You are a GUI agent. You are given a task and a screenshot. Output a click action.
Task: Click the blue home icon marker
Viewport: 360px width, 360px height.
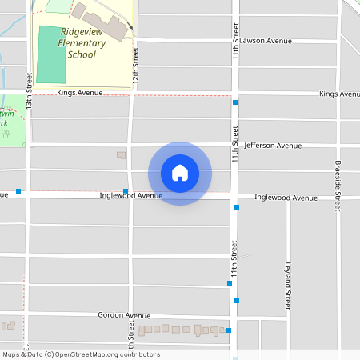coord(180,173)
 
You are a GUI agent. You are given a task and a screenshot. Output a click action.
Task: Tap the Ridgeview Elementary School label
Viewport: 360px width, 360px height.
coord(82,43)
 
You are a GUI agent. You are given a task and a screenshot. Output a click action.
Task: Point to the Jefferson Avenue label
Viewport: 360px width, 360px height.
coord(273,146)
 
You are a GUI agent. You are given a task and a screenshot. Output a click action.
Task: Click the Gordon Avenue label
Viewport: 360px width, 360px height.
coord(124,316)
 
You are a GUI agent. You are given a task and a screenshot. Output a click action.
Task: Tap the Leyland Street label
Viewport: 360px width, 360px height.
coord(287,285)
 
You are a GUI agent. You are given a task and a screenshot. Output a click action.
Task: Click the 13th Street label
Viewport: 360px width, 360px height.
coord(29,91)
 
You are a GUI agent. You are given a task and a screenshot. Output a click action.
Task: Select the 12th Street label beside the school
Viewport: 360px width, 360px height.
coord(136,70)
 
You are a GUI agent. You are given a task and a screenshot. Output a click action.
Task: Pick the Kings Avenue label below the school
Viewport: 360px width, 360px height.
coord(81,93)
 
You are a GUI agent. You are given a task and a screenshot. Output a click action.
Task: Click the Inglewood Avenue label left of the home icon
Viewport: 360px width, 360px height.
coord(130,195)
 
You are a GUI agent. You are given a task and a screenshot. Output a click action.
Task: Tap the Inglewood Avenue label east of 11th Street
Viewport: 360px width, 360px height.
coord(286,198)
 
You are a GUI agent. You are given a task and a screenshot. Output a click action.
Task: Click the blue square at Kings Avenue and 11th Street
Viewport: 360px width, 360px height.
coord(235,102)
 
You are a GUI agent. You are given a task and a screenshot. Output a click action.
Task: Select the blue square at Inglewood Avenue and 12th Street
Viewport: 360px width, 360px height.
coord(126,190)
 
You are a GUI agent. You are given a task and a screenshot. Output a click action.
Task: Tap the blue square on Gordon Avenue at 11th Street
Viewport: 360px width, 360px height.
coord(229,330)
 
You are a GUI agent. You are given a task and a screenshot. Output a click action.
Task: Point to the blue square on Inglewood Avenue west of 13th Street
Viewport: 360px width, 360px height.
coord(18,191)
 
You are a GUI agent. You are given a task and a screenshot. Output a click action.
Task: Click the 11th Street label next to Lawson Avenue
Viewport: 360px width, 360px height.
coord(237,31)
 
